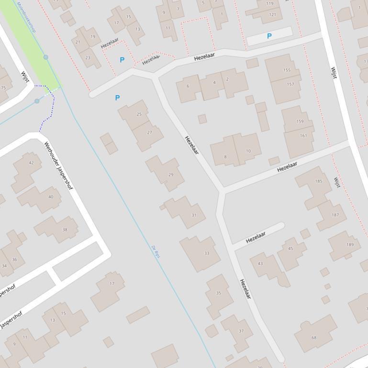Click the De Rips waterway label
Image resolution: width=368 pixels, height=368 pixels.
coord(156,252)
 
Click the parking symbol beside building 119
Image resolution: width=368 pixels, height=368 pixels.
coord(269,36)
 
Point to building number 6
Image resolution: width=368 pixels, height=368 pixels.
coord(188,88)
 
